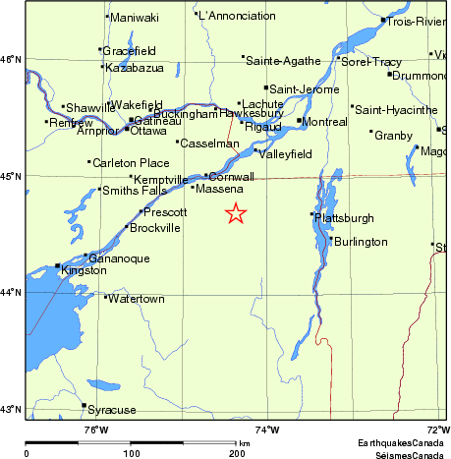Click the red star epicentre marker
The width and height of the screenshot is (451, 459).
pos(236,213)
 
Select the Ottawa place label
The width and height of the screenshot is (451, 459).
pos(148,131)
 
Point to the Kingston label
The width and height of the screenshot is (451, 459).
pos(83,269)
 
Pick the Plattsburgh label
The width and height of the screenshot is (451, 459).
pos(346,217)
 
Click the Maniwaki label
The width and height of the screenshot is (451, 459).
pos(134,17)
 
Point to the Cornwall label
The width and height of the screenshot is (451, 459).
pos(233,176)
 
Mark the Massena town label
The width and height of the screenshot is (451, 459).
pos(219,187)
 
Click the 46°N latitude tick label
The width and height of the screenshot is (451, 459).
pos(11,60)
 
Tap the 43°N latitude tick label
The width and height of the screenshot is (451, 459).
pos(11,409)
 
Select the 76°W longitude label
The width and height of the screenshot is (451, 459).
pos(95,429)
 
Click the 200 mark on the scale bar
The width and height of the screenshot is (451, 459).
pos(237,453)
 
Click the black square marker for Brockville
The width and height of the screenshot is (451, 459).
pos(127,227)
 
